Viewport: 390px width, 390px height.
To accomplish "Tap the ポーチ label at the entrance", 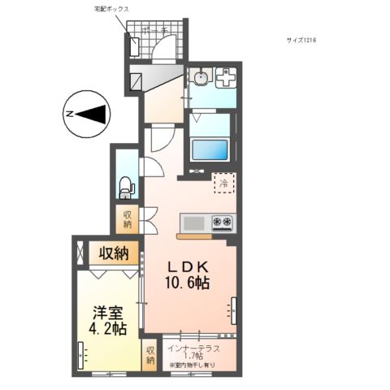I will (155, 31).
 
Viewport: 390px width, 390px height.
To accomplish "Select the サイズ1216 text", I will (302, 39).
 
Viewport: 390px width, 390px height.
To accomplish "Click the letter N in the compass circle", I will (71, 115).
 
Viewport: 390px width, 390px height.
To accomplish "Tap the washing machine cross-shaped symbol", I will (225, 80).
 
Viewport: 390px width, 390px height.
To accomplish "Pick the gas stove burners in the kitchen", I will (223, 221).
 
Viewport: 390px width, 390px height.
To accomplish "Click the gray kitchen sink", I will (194, 222).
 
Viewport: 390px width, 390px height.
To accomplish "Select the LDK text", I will (189, 267).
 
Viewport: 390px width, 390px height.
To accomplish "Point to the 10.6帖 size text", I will (189, 284).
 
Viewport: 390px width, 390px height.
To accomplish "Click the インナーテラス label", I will (193, 349).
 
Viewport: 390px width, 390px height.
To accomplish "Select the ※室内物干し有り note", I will (193, 366).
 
